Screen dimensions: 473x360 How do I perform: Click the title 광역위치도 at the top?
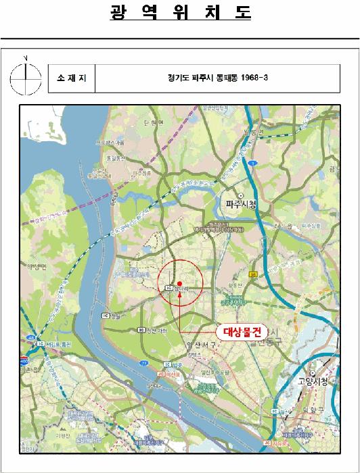click(180, 13)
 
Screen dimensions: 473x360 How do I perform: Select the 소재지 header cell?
click(72, 78)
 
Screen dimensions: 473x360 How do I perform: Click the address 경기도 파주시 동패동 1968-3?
click(218, 78)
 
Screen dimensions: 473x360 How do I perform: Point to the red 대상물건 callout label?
click(242, 331)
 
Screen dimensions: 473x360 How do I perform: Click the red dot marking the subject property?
click(179, 283)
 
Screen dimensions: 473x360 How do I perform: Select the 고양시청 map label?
click(314, 381)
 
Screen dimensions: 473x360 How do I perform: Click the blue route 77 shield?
click(144, 363)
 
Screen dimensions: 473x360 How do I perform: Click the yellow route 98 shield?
click(252, 274)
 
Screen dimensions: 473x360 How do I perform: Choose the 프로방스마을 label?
click(111, 143)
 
